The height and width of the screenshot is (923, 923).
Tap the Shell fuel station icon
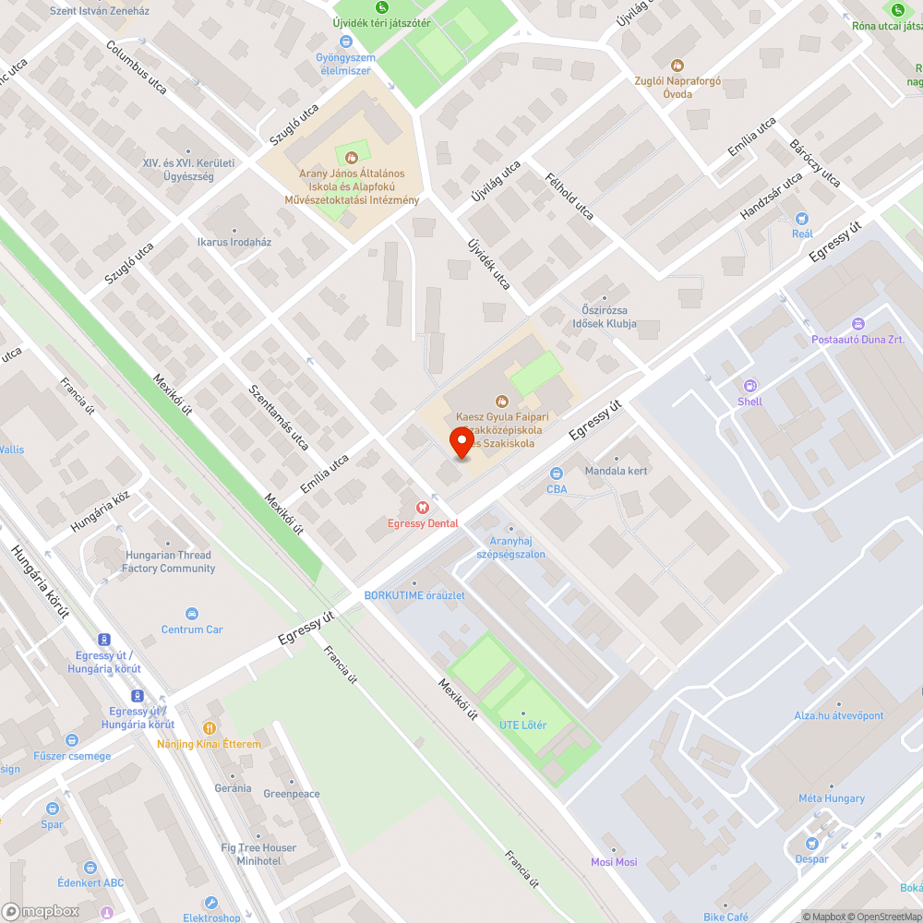750,386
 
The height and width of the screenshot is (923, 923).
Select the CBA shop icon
557,473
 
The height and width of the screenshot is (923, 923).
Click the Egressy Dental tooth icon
423,507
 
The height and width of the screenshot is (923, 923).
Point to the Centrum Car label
192,629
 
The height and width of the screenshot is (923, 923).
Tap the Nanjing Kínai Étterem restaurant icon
210,728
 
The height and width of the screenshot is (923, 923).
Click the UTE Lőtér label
522,725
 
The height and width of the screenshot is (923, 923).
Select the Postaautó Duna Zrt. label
858,340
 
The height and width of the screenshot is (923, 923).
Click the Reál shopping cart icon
802,219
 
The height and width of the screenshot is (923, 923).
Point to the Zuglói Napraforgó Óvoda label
677,87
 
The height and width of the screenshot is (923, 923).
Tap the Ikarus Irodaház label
234,242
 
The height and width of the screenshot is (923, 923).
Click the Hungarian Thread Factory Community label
168,561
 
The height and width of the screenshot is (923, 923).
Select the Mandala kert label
617,471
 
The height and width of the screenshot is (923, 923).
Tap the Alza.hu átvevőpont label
839,715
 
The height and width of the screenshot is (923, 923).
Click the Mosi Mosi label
614,862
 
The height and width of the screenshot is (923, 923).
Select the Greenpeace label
292,794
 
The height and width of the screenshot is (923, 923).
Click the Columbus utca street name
137,68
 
